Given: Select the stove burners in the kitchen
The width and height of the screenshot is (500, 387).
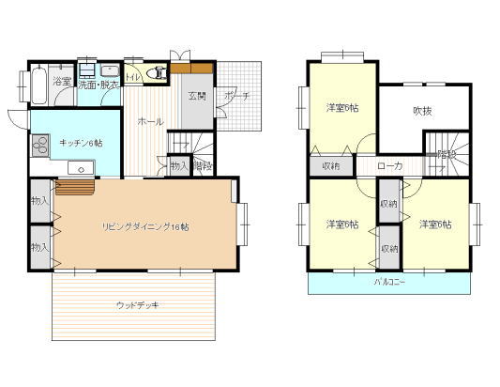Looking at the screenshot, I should click(x=40, y=146).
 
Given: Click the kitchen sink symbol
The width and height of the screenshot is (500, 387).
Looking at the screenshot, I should click(x=82, y=169).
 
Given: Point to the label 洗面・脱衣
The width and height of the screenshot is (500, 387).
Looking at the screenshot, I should click(x=98, y=83).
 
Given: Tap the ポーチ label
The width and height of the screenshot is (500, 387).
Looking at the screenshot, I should click(x=235, y=95).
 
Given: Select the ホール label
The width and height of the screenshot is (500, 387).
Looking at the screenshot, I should click(x=150, y=122).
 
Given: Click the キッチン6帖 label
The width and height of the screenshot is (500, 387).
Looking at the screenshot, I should click(x=81, y=143).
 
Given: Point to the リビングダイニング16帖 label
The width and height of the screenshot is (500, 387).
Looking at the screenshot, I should click(x=146, y=226).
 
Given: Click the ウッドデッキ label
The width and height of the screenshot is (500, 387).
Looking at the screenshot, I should click(x=139, y=304).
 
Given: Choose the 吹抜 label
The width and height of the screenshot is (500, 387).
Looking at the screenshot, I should click(x=423, y=111).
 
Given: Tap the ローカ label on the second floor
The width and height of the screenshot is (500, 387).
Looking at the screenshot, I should click(x=389, y=165).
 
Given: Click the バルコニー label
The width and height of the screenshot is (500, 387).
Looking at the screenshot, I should click(x=389, y=282).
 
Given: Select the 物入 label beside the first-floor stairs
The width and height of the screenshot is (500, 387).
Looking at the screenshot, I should click(x=178, y=165).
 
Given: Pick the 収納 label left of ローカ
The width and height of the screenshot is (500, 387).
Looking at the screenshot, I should click(x=331, y=165).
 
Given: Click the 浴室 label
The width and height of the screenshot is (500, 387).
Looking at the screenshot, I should click(x=62, y=83).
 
